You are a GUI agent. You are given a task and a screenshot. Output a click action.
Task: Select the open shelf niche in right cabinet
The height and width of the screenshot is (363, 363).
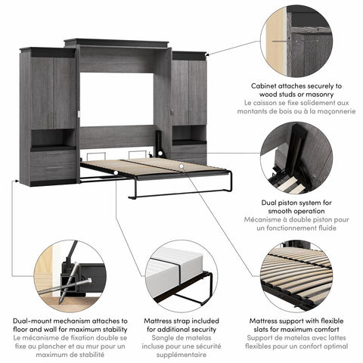click(189, 134)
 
